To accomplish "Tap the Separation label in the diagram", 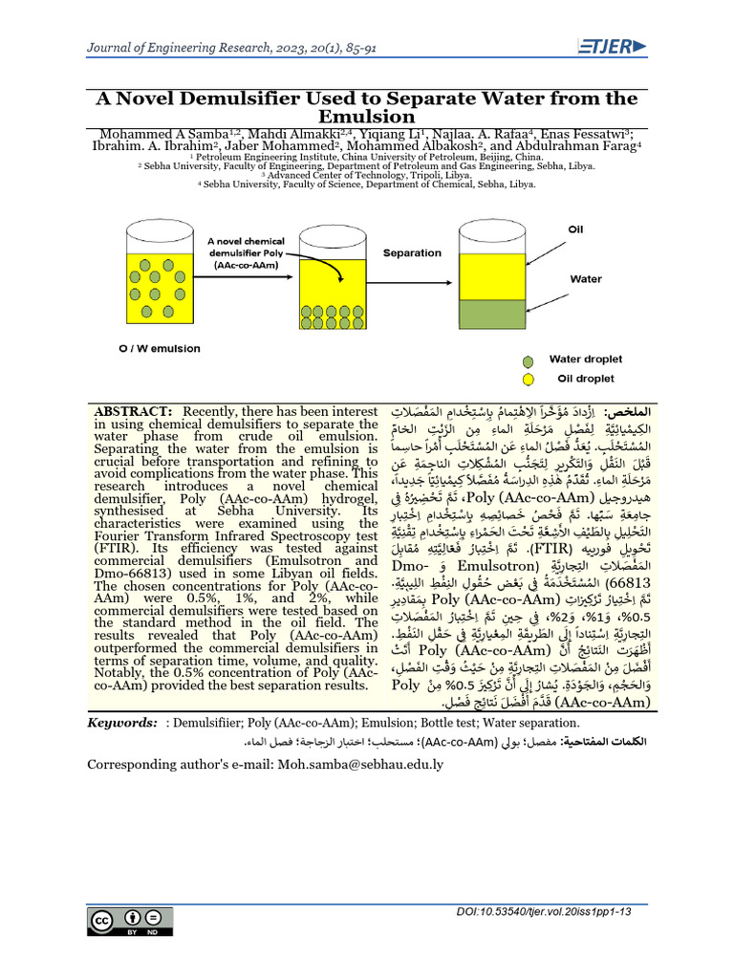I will (x=412, y=253).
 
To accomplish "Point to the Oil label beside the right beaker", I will (x=575, y=229).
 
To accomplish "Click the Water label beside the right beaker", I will (x=585, y=280).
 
